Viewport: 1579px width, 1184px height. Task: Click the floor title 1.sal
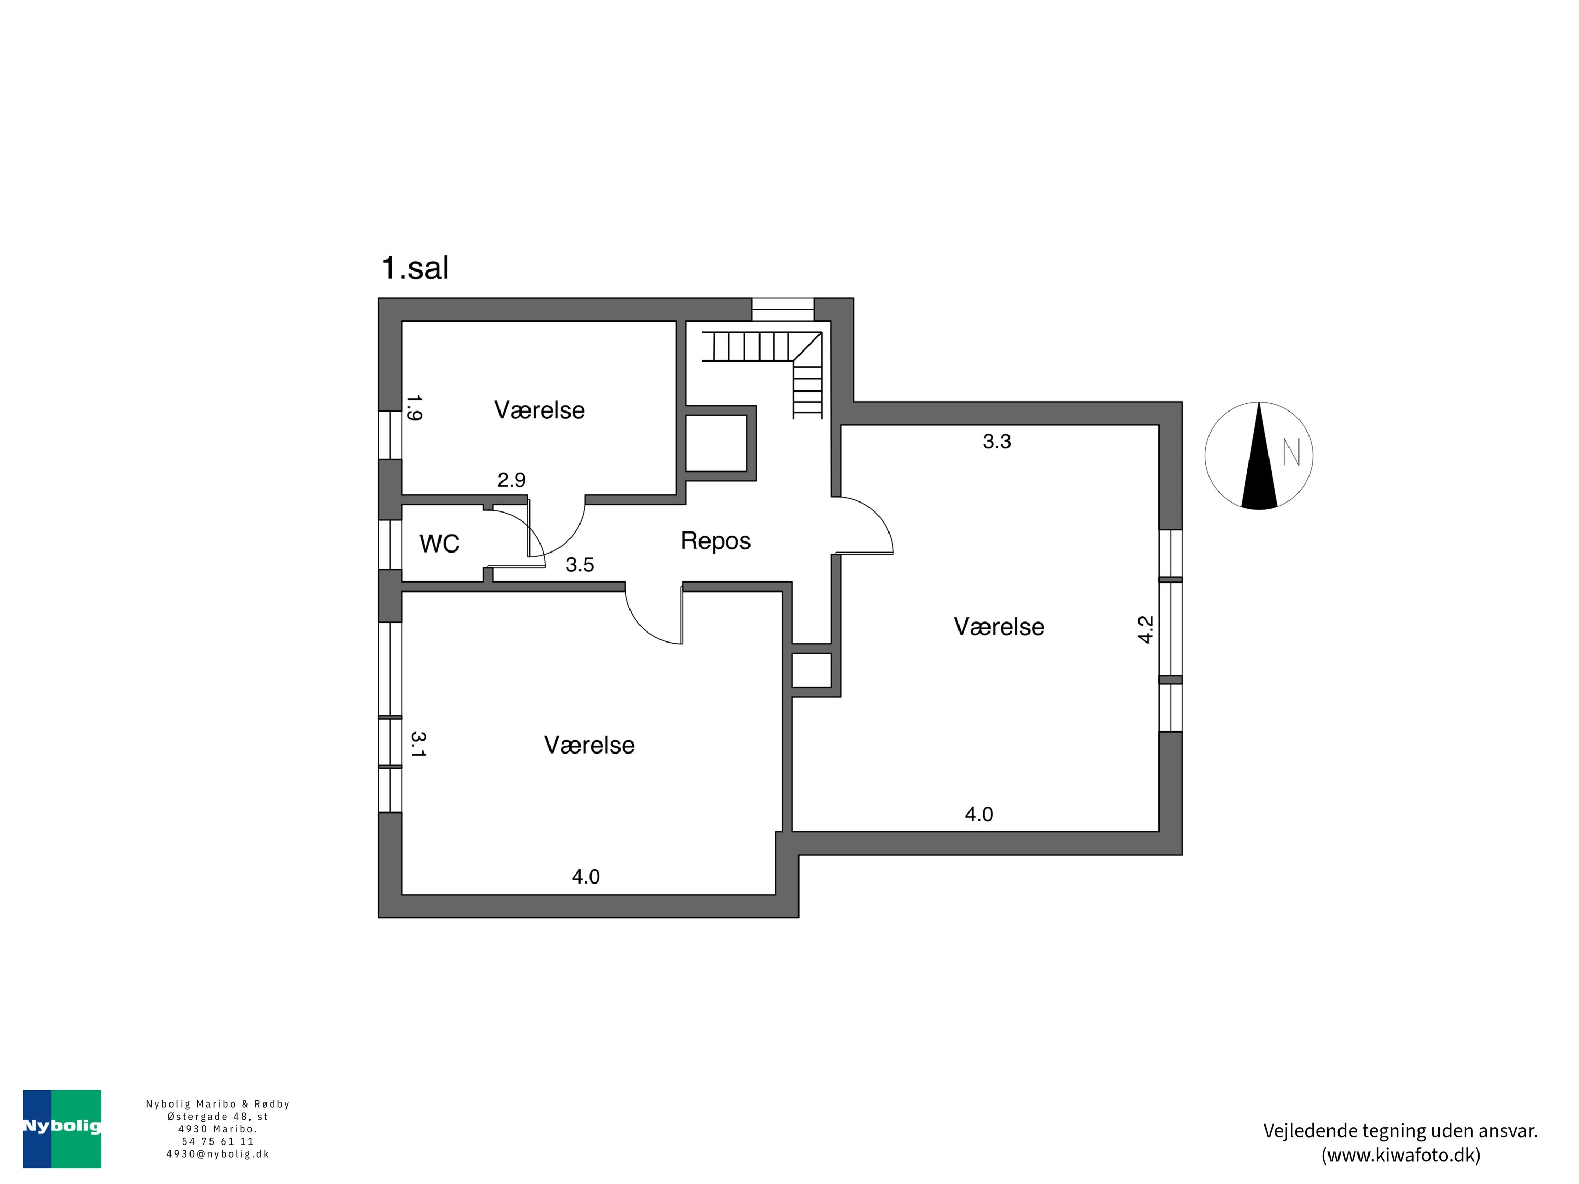pos(415,268)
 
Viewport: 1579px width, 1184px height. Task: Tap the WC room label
pos(439,544)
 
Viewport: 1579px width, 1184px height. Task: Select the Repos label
pos(715,541)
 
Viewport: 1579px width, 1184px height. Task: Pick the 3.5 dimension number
pos(579,565)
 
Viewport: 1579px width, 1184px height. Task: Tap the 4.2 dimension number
pos(1145,629)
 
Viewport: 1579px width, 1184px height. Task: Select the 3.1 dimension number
pos(417,744)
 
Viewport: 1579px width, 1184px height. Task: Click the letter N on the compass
pos(1291,453)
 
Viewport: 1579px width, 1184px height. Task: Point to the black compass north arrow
pos(1259,464)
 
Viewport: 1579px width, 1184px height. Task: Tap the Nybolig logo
pos(62,1128)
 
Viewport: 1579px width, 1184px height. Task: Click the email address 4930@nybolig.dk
pos(218,1154)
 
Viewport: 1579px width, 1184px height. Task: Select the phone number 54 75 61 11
pos(218,1141)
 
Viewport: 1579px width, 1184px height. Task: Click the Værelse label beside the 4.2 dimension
pos(998,627)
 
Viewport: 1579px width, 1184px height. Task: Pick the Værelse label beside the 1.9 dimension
pos(539,410)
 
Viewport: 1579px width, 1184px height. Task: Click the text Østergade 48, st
pos(218,1116)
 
